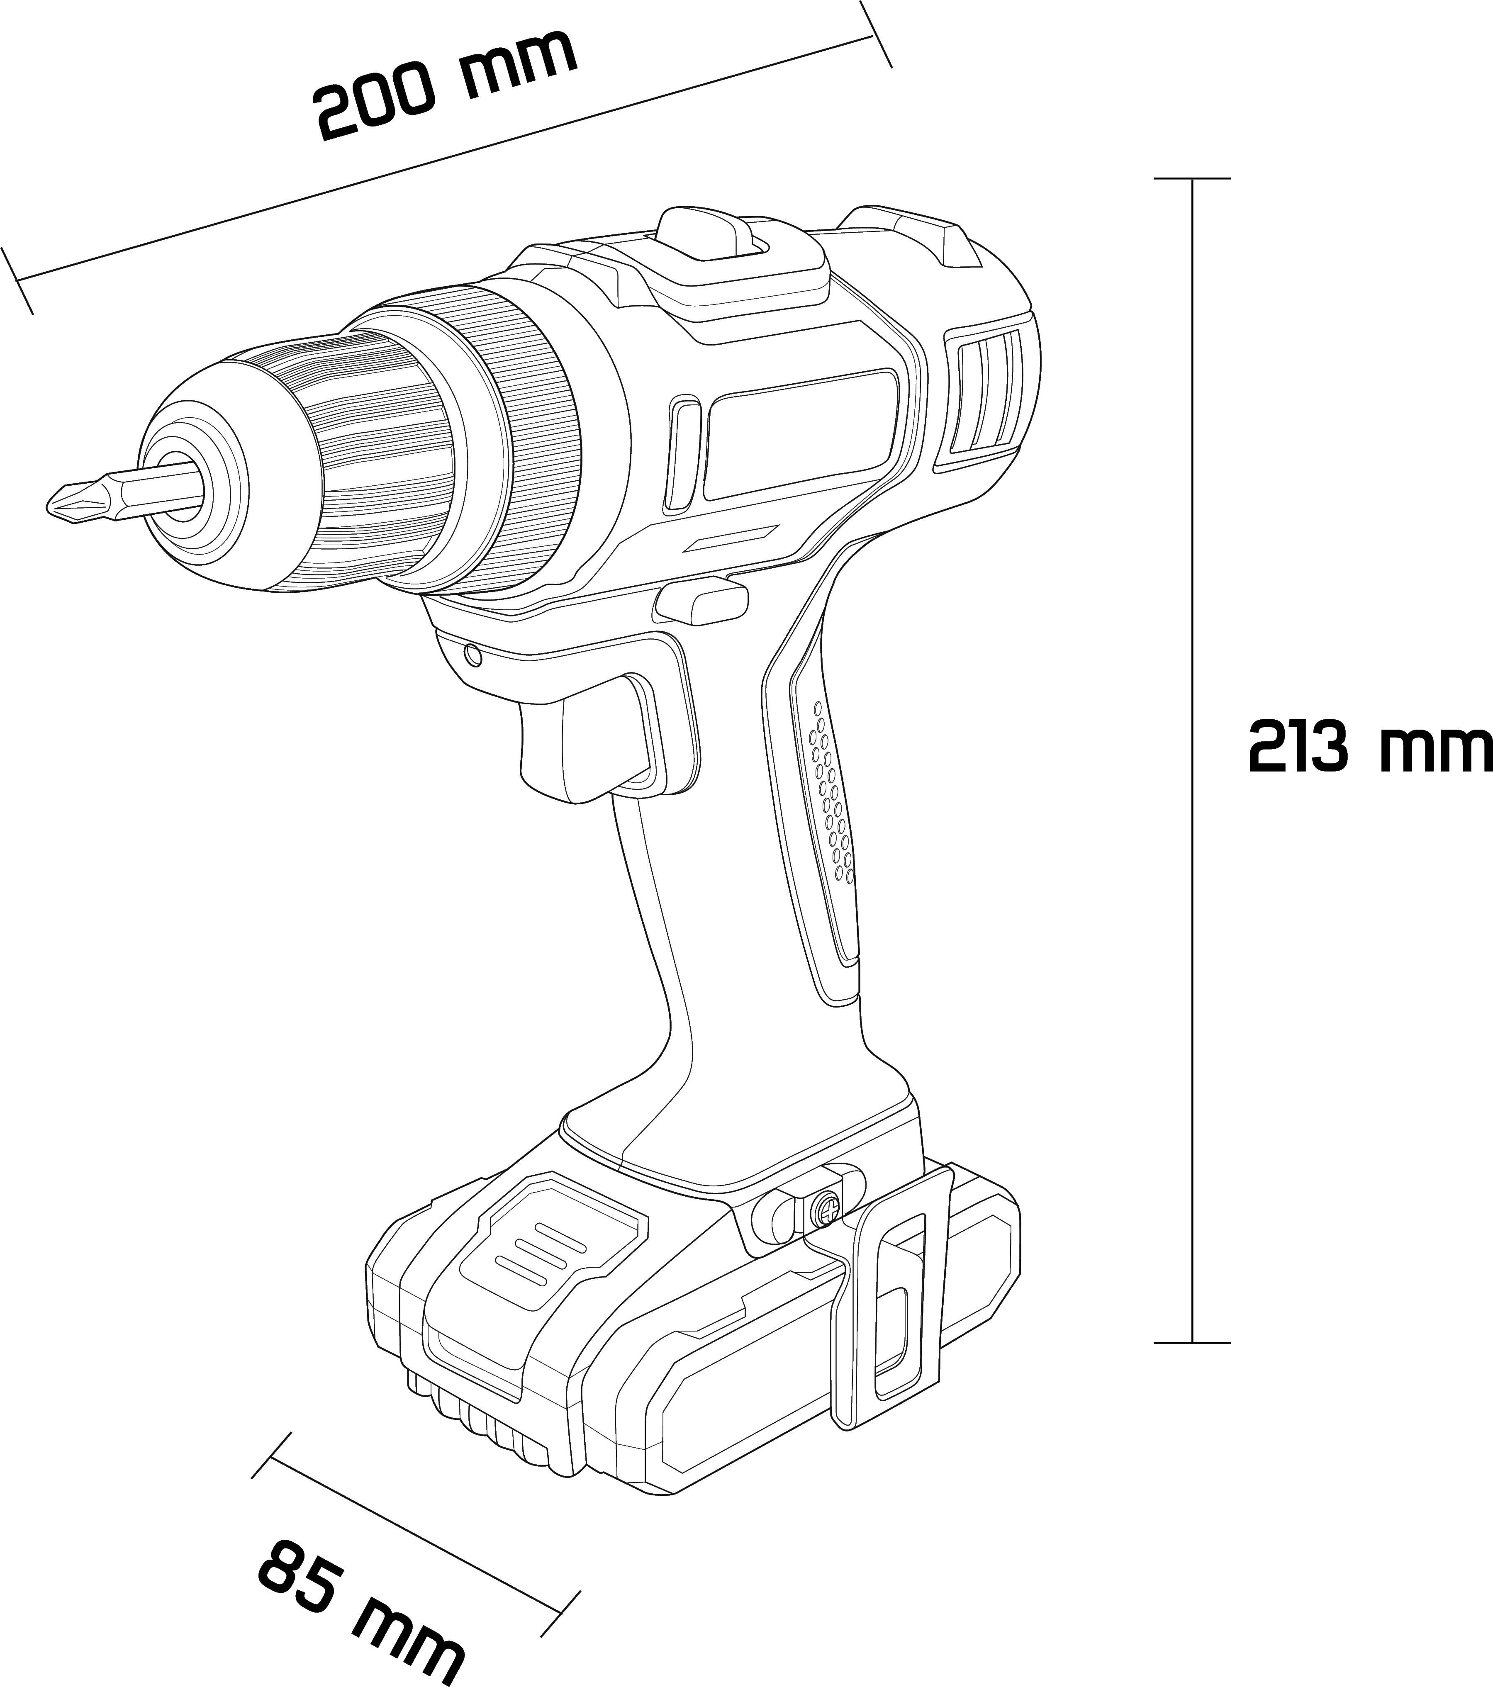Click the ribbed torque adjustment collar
pos(528,438)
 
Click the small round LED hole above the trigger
pos(472,655)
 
